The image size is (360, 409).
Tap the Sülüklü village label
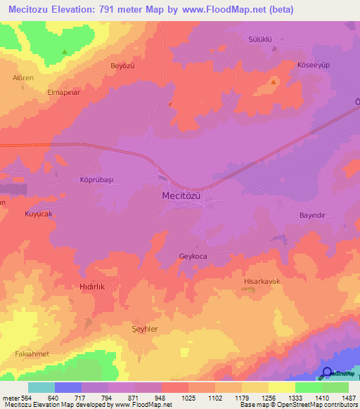coord(261,39)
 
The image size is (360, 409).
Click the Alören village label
coord(23,78)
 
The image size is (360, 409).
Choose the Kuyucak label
coord(39,213)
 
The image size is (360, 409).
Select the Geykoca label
coord(193,257)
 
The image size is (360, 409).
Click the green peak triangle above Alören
coord(64,51)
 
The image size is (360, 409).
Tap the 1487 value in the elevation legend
coord(346,398)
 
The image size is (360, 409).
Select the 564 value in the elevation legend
coord(23,398)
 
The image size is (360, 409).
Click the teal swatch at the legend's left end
coord(41,387)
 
